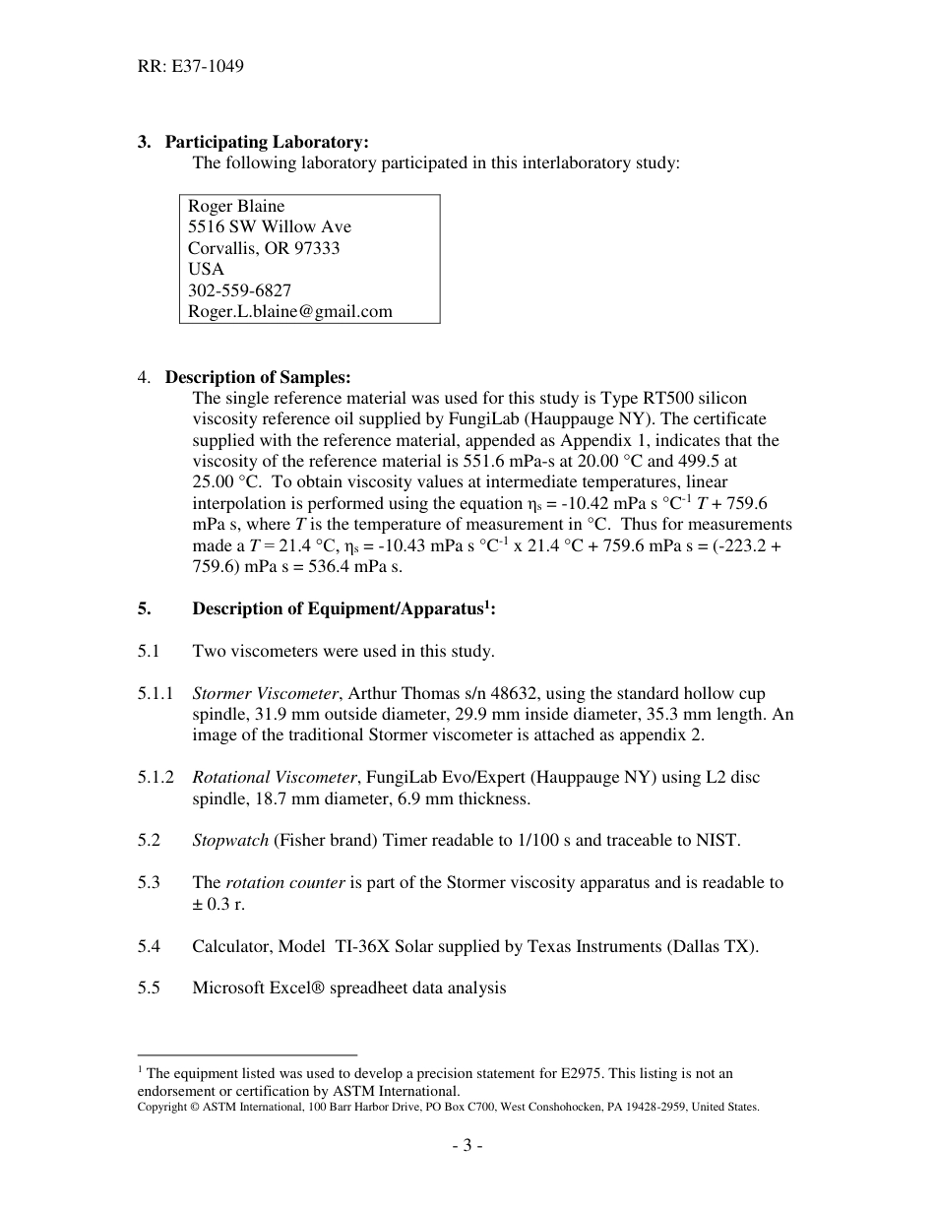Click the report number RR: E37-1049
(191, 67)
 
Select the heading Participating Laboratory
(266, 142)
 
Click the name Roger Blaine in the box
(236, 206)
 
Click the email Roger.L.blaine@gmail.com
(289, 311)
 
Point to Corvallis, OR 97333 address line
(264, 248)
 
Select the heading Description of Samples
(257, 377)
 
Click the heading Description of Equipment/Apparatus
(343, 608)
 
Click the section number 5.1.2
(156, 777)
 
